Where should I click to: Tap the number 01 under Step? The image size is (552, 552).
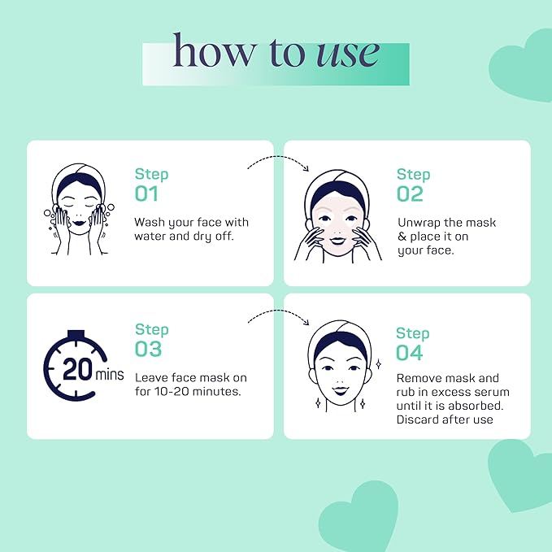[x=146, y=194]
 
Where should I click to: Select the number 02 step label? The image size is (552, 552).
[x=410, y=194]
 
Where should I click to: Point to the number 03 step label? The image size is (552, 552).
[x=148, y=350]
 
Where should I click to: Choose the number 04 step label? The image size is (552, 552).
[x=410, y=353]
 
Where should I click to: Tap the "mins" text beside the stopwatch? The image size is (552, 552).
[x=110, y=376]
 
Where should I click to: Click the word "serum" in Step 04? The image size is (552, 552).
[x=480, y=392]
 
